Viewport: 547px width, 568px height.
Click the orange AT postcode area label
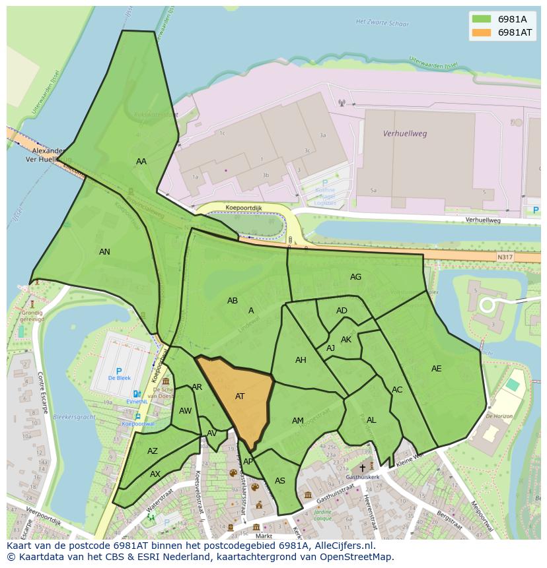240,396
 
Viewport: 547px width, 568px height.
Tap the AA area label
141,162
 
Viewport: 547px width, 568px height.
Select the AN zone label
104,252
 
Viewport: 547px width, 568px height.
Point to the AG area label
355,277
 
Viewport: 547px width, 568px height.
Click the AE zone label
436,369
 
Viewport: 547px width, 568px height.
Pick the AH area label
301,360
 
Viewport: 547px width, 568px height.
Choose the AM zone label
298,421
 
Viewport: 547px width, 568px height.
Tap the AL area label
371,420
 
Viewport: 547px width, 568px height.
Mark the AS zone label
280,481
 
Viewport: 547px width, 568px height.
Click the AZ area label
153,451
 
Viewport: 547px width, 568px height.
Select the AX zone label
155,474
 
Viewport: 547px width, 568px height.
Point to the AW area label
185,411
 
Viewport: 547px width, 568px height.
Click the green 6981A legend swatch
482,18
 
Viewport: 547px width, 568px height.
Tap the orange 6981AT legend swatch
482,32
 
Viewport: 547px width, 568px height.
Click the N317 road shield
505,257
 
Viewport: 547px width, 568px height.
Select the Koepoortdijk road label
244,207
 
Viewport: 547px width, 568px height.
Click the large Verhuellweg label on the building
405,133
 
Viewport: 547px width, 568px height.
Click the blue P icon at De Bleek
119,371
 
